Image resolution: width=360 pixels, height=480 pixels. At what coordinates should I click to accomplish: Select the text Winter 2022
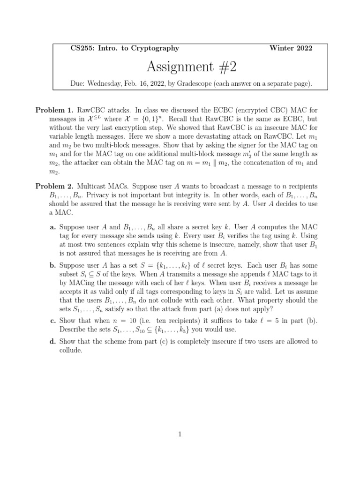[x=291, y=48]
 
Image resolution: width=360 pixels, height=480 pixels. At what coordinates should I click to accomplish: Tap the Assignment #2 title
[x=191, y=67]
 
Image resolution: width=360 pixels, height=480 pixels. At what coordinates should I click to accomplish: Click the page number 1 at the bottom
[x=180, y=435]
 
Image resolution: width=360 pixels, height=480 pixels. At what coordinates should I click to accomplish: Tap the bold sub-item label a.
[x=53, y=227]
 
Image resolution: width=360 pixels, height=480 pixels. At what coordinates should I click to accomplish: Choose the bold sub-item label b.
[x=53, y=265]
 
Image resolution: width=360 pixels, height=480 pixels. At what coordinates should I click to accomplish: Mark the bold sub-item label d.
[x=53, y=342]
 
